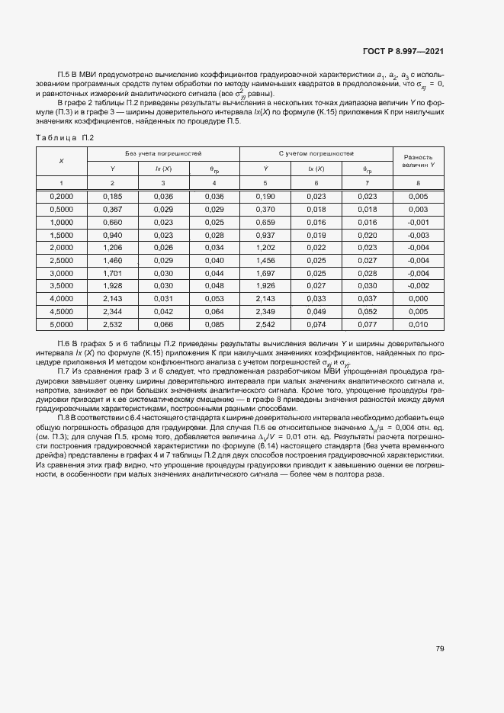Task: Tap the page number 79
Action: tap(440, 649)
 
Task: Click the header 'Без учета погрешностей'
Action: tap(163, 153)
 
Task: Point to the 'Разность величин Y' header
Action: tap(419, 160)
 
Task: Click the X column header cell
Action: tap(61, 160)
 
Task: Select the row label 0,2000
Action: tap(61, 196)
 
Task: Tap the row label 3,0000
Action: tap(61, 273)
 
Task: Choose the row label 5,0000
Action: tap(61, 324)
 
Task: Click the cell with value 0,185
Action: tap(112, 196)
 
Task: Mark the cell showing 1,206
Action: tap(112, 247)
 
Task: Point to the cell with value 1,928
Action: tap(112, 286)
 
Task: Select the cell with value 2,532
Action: tap(112, 324)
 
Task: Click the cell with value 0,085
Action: tap(214, 324)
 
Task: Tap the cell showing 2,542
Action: tap(265, 324)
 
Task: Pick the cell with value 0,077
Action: tap(368, 324)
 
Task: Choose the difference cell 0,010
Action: tap(419, 324)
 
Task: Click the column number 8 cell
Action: tap(419, 183)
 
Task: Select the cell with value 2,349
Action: tap(265, 311)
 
